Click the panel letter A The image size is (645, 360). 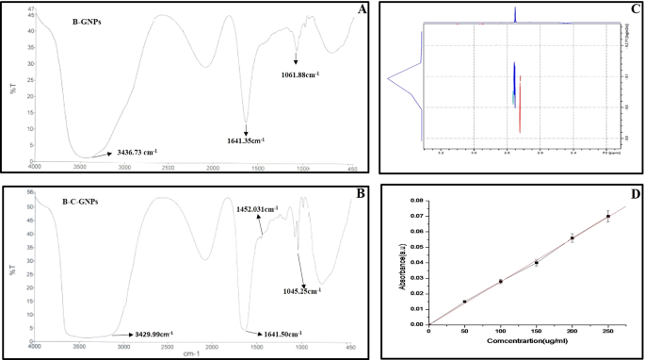(362, 10)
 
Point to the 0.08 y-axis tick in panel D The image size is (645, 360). (417, 202)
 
